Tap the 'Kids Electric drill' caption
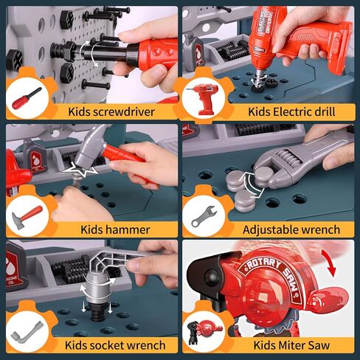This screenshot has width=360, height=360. tap(291, 112)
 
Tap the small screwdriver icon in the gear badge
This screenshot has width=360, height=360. tap(26, 98)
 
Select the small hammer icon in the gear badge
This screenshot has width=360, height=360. tap(27, 215)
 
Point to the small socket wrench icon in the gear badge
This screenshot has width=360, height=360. tap(27, 330)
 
